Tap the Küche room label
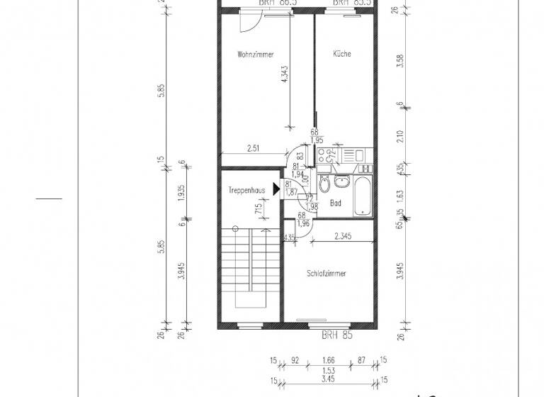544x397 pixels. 341,54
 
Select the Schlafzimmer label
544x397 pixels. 327,273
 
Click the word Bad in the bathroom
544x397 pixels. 336,203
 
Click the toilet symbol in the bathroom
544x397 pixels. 324,186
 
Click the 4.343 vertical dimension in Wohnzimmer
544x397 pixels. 285,77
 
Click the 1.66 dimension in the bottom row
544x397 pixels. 328,361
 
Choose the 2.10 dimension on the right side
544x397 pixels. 400,136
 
